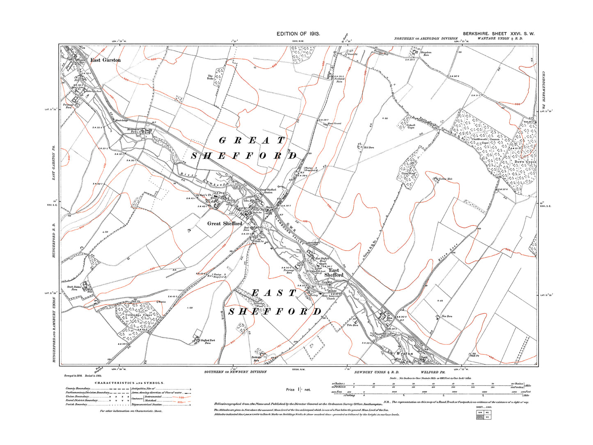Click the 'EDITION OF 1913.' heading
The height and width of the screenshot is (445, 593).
298,34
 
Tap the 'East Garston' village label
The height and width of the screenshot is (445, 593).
105,60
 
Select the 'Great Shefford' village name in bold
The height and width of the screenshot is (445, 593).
224,223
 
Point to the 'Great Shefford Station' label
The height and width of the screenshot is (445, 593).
268,191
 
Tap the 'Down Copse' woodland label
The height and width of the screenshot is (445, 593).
525,162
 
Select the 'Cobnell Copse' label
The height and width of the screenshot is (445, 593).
411,126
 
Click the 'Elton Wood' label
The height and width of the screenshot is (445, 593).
408,174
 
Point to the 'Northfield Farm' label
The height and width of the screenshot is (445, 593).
339,80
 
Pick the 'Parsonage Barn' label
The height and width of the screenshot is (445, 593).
289,271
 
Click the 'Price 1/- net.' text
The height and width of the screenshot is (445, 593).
298,390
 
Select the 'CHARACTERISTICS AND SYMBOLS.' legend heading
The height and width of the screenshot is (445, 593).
129,383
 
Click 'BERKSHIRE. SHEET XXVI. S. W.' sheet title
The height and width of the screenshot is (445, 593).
498,34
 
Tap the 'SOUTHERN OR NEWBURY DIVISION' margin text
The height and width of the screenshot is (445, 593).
235,372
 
